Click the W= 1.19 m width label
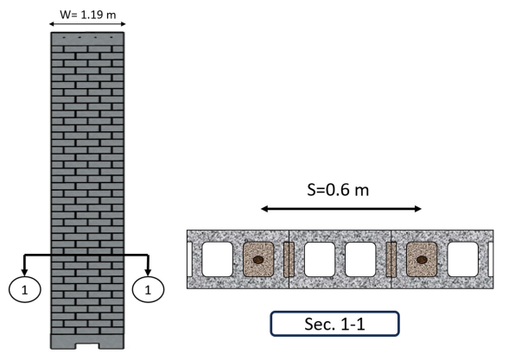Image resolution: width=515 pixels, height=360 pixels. [87, 15]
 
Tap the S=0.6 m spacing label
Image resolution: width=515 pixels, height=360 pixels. [338, 190]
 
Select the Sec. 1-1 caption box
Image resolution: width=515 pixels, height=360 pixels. [334, 324]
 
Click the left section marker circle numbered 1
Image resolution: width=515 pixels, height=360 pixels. [25, 289]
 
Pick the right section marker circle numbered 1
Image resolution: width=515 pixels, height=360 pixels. [148, 289]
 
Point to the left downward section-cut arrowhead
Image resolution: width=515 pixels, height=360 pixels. [24, 272]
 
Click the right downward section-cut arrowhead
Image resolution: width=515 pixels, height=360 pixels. [148, 272]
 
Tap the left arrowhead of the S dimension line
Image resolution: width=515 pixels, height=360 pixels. [264, 209]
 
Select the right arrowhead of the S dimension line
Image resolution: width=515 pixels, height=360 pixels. [417, 209]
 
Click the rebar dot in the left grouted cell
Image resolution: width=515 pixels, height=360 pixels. [258, 260]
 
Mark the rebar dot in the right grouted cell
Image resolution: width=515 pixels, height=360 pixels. [422, 260]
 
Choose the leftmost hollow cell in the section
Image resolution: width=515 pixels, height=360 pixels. [217, 259]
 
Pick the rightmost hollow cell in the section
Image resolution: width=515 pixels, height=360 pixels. [463, 259]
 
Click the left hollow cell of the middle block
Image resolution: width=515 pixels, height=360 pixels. [320, 259]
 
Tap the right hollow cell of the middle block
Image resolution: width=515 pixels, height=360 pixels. [360, 259]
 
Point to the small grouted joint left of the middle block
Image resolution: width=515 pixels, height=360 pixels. [289, 259]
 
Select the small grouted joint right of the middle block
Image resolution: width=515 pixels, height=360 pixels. [391, 259]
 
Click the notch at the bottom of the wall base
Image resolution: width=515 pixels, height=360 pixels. [87, 346]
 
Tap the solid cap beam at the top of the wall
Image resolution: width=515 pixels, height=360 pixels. [87, 39]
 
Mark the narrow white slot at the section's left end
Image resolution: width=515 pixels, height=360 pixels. [189, 259]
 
